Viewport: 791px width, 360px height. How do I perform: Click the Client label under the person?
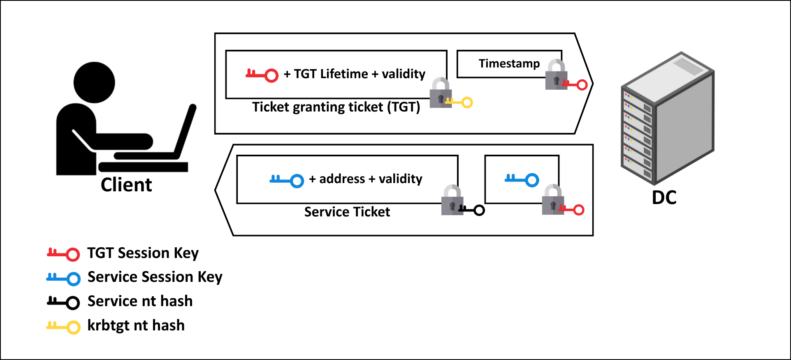pyautogui.click(x=126, y=185)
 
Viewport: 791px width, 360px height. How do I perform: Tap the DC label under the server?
pyautogui.click(x=664, y=197)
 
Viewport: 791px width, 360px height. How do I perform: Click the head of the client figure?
pyautogui.click(x=94, y=82)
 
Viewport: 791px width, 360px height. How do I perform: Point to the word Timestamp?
pyautogui.click(x=509, y=64)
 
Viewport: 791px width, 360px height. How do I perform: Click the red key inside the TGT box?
pyautogui.click(x=262, y=75)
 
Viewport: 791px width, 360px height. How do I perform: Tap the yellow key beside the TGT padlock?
pyautogui.click(x=460, y=102)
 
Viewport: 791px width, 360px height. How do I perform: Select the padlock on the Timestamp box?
pyautogui.click(x=556, y=75)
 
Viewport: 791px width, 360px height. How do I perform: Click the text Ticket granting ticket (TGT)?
pyautogui.click(x=336, y=107)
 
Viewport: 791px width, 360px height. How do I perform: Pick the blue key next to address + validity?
pyautogui.click(x=287, y=180)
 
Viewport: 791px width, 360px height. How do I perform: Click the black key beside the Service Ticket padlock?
pyautogui.click(x=473, y=210)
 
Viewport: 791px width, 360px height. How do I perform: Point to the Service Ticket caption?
pyautogui.click(x=347, y=212)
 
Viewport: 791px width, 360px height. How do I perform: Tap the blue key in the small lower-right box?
pyautogui.click(x=522, y=179)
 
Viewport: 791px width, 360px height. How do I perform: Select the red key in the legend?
pyautogui.click(x=63, y=253)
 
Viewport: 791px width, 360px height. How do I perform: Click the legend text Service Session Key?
pyautogui.click(x=155, y=277)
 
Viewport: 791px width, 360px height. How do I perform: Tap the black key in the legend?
pyautogui.click(x=63, y=302)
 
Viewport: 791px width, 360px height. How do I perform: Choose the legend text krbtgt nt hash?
pyautogui.click(x=136, y=325)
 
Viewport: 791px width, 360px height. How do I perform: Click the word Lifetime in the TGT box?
pyautogui.click(x=344, y=74)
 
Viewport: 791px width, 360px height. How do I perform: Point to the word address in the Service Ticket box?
pyautogui.click(x=342, y=179)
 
